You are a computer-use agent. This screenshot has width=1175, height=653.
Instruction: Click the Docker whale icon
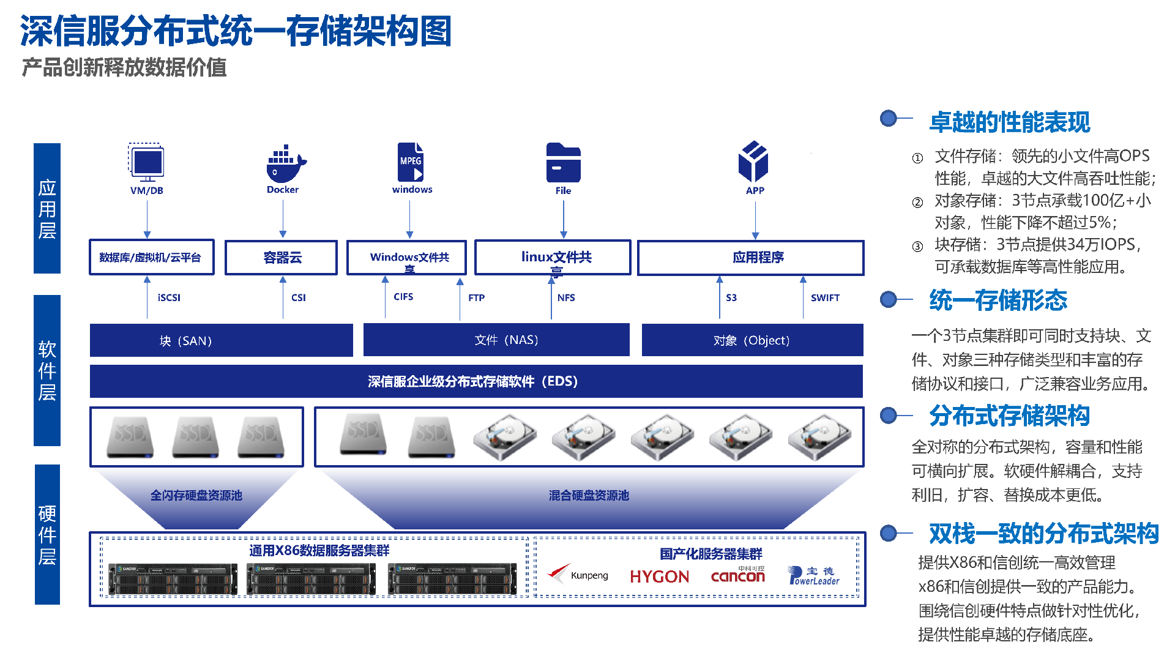pyautogui.click(x=285, y=163)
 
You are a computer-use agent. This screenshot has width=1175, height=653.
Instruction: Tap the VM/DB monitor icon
pyautogui.click(x=146, y=162)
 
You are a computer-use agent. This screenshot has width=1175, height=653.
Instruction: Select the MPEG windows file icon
pyautogui.click(x=411, y=162)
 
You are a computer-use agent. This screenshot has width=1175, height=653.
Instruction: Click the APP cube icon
pyautogui.click(x=753, y=162)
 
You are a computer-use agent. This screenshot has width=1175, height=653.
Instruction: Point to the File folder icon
pyautogui.click(x=563, y=163)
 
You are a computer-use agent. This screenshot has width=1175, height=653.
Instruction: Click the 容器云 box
pyautogui.click(x=282, y=258)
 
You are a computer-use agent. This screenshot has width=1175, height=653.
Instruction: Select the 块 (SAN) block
pyautogui.click(x=221, y=340)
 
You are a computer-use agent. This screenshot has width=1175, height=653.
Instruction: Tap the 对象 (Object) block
pyautogui.click(x=752, y=340)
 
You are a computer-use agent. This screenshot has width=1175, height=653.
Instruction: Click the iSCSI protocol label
pyautogui.click(x=169, y=297)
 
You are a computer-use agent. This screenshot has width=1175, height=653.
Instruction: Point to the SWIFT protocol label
pyautogui.click(x=825, y=297)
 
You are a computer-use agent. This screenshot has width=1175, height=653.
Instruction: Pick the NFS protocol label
pyautogui.click(x=566, y=297)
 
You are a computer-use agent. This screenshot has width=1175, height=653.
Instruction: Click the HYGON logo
pyautogui.click(x=659, y=577)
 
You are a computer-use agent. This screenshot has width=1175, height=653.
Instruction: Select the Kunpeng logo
pyautogui.click(x=578, y=575)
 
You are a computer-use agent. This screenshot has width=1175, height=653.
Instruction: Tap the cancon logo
pyautogui.click(x=738, y=575)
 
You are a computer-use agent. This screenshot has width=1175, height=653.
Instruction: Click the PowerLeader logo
pyautogui.click(x=813, y=575)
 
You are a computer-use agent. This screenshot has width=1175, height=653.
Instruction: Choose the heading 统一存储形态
pyautogui.click(x=998, y=300)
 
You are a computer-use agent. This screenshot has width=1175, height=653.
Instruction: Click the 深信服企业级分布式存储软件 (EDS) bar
pyautogui.click(x=476, y=381)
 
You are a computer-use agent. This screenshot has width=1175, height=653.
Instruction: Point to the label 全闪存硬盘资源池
pyautogui.click(x=196, y=495)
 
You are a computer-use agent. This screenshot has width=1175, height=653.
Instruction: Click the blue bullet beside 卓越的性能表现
pyautogui.click(x=888, y=118)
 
